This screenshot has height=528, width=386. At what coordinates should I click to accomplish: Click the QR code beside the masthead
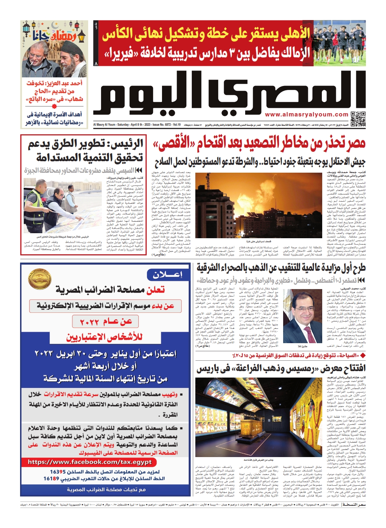click(358, 119)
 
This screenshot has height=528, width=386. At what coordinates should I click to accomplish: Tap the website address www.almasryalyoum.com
click(306, 115)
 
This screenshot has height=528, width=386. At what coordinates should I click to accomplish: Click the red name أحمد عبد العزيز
click(65, 83)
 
